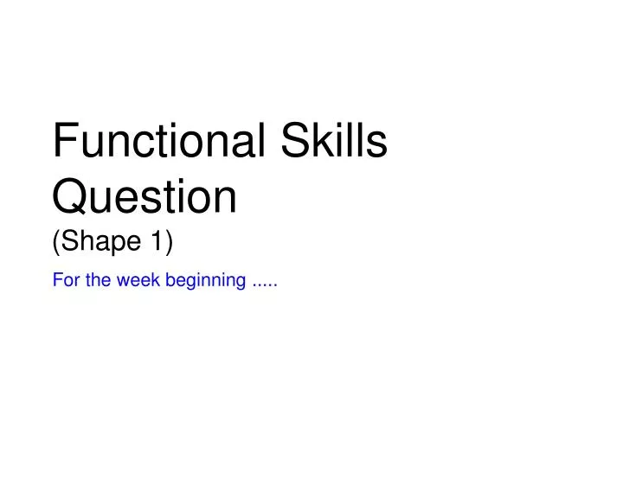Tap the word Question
[x=145, y=197]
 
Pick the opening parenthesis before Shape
[x=57, y=244]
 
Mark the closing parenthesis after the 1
[x=169, y=244]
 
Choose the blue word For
[x=62, y=281]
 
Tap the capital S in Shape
[x=70, y=243]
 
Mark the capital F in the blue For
[x=56, y=281]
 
